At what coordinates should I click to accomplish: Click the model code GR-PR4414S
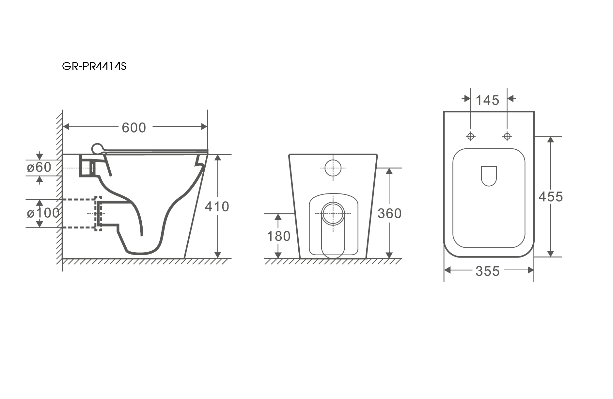point(94,66)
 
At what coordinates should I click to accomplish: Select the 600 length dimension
point(134,127)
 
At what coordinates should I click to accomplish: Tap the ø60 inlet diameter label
point(39,167)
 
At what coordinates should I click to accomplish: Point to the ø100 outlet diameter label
point(43,213)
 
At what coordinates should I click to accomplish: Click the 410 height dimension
point(217,207)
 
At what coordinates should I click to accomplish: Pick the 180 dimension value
point(279,236)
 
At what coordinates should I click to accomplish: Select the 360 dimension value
point(389,213)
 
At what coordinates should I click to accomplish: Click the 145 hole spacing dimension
point(487,100)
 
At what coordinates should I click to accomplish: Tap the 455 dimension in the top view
point(551,197)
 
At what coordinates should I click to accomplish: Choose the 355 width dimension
point(488,271)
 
